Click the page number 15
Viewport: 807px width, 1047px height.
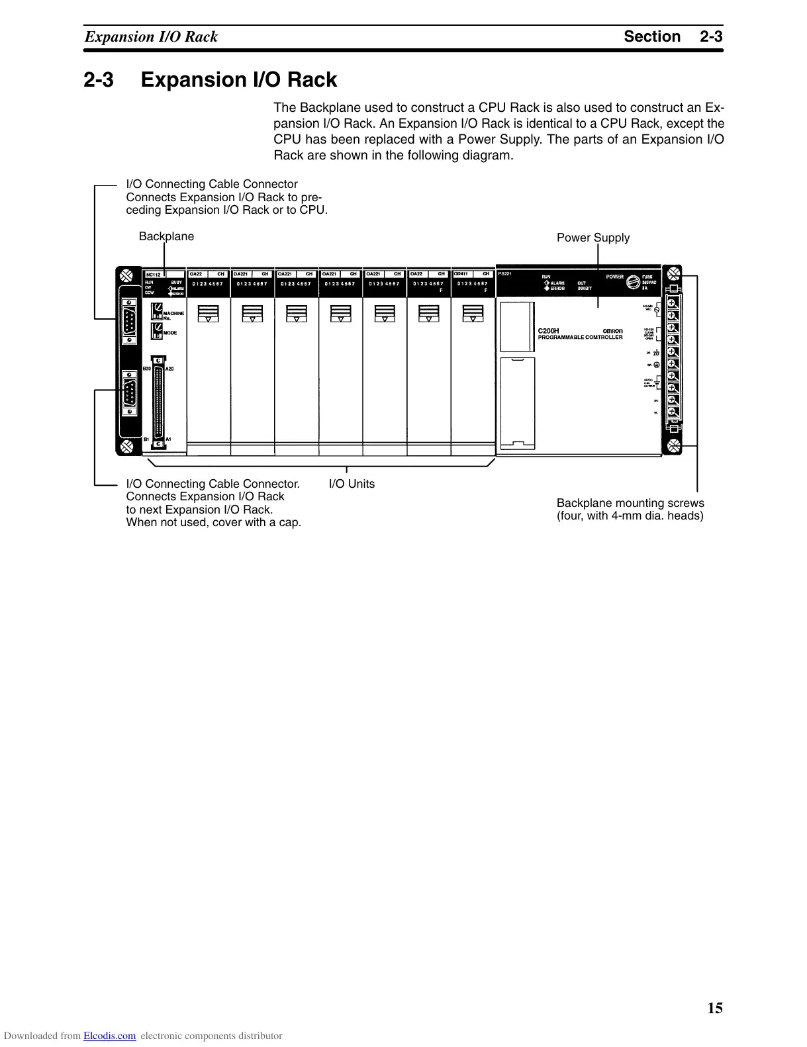(x=715, y=1008)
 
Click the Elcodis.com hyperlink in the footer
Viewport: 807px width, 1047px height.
(x=109, y=1036)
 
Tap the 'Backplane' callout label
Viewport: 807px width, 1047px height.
(x=166, y=236)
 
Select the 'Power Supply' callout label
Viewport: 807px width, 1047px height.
(x=593, y=238)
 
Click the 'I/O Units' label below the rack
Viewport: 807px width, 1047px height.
(x=352, y=484)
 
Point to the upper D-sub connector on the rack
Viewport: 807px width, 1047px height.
(x=130, y=322)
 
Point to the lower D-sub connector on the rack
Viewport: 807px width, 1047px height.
(x=130, y=395)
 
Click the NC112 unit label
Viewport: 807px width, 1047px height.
(x=153, y=275)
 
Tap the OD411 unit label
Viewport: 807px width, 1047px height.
(x=461, y=274)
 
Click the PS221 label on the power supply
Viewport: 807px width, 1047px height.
(x=505, y=274)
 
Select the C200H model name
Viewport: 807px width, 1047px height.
(x=548, y=331)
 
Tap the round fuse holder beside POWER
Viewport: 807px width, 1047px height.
(x=633, y=281)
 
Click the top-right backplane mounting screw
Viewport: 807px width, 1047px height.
(x=673, y=273)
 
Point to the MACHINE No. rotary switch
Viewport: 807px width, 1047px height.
(x=157, y=310)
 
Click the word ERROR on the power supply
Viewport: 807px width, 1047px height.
(x=557, y=289)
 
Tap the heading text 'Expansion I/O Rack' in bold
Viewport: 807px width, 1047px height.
(x=239, y=80)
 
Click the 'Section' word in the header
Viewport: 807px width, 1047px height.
(x=652, y=36)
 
